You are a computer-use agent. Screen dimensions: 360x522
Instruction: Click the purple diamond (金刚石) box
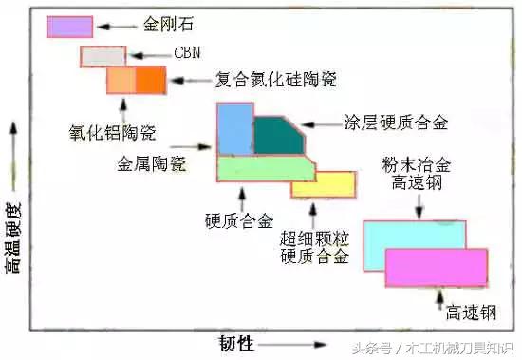(69, 27)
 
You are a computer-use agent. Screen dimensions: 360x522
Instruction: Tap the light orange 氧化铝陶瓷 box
(121, 81)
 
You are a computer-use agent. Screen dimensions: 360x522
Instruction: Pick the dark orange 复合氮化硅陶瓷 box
(150, 81)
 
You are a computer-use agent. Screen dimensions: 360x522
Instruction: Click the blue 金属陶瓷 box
(233, 128)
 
